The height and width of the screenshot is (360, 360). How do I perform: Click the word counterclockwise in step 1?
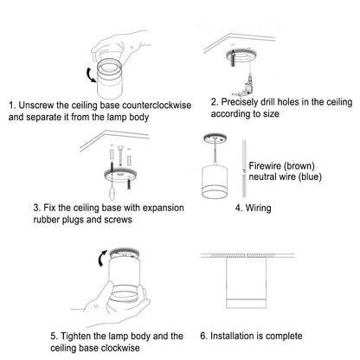click(157, 106)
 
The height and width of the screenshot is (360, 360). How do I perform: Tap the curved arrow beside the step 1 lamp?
click(90, 75)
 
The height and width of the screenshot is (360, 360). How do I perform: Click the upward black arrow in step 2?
click(233, 57)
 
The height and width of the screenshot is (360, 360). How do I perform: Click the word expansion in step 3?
click(163, 208)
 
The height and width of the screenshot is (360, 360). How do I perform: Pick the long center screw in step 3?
click(119, 158)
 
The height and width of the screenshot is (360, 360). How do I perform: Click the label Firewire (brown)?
click(281, 166)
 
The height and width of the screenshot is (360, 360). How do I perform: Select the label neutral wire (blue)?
click(285, 177)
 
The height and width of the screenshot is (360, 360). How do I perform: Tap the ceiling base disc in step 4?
click(215, 138)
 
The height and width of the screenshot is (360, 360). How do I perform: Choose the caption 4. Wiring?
click(253, 208)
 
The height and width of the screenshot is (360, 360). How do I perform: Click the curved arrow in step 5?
click(101, 258)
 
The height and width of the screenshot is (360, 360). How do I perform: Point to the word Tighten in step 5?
click(76, 336)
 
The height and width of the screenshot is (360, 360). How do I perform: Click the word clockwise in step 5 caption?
click(120, 348)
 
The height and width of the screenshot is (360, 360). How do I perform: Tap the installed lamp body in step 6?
click(246, 283)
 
